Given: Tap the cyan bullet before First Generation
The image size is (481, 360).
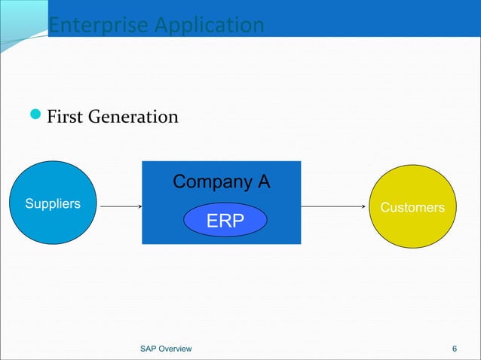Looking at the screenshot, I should pyautogui.click(x=36, y=117).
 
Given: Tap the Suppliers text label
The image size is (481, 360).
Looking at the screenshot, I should pyautogui.click(x=53, y=203).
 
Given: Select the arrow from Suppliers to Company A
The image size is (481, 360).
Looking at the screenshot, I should pyautogui.click(x=121, y=206).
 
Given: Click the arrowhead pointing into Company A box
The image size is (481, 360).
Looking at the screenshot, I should pyautogui.click(x=139, y=206).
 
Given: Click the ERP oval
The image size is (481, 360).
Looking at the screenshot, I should pyautogui.click(x=225, y=220).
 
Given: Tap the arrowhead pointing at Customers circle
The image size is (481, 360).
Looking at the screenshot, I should pyautogui.click(x=367, y=206).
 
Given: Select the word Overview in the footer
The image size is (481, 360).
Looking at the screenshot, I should pyautogui.click(x=176, y=348).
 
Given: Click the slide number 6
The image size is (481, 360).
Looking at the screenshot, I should pyautogui.click(x=454, y=348).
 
